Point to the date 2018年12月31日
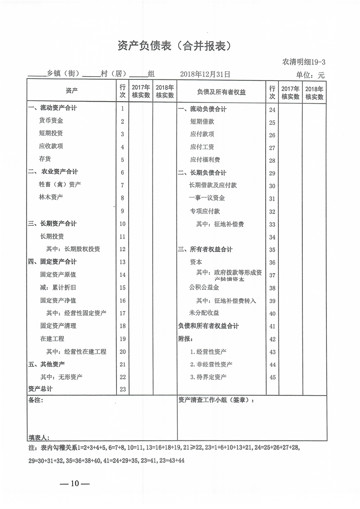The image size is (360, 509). (x=205, y=74)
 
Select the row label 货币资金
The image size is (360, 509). (x=51, y=121)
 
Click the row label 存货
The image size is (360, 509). (x=45, y=159)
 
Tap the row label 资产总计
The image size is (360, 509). (x=40, y=389)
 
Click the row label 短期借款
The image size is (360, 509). (x=202, y=122)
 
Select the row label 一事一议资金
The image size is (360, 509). (x=207, y=198)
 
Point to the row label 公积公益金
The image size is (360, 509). (x=204, y=288)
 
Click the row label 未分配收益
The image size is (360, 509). (x=204, y=313)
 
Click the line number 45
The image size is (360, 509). (x=272, y=377)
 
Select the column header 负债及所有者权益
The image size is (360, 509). (x=221, y=92)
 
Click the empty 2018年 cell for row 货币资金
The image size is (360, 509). (x=165, y=121)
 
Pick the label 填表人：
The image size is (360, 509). (x=39, y=437)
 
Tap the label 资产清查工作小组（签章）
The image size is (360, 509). (x=216, y=401)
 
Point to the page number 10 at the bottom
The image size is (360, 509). (x=75, y=484)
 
